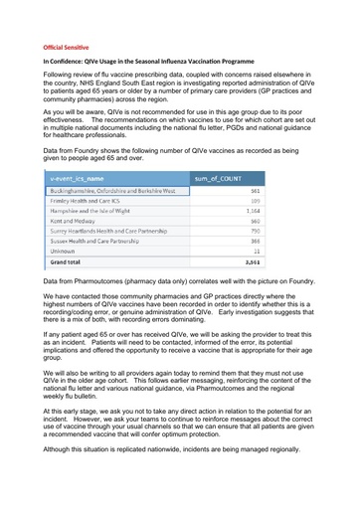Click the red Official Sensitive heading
pos(65,47)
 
